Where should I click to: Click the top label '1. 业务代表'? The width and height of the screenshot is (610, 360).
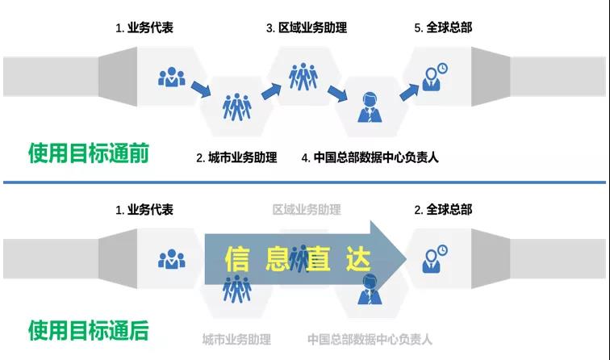pos(144,28)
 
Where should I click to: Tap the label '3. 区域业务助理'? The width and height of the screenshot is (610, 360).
pos(307,28)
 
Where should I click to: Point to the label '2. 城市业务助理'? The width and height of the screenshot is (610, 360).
pos(236,158)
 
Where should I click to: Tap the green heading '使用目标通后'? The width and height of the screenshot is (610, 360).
pos(88,330)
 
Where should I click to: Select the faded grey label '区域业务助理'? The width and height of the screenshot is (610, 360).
pos(307,210)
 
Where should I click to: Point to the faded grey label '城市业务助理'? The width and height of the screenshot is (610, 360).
pos(236,339)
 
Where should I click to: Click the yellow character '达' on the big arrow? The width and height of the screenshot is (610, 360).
pos(355,259)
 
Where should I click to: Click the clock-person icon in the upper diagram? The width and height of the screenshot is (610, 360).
pos(436,76)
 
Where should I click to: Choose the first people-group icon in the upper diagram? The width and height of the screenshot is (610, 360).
pos(171,77)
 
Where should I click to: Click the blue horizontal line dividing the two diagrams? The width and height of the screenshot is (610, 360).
pos(304,182)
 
